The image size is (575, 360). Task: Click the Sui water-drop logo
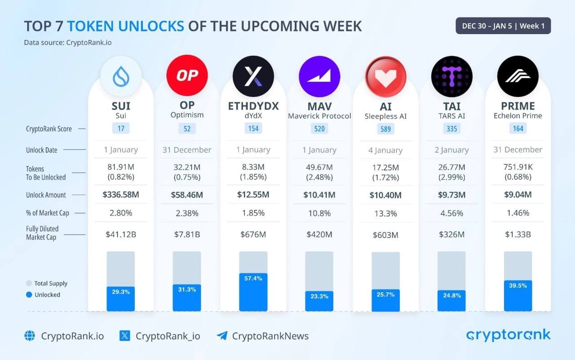point(121,76)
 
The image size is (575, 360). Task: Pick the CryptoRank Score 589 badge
point(385,129)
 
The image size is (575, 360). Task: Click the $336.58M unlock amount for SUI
point(121,195)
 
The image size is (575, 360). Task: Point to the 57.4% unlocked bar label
point(253,278)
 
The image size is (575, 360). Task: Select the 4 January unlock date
point(385,150)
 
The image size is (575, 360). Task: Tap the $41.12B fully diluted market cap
point(121,234)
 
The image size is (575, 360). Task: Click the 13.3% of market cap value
point(385,213)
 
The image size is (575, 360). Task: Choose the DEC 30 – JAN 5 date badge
point(503,26)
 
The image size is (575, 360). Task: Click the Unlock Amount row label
point(46,195)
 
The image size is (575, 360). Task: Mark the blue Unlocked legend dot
point(29,295)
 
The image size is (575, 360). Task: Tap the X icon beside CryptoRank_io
point(125,335)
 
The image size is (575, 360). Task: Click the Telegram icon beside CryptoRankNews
point(222,335)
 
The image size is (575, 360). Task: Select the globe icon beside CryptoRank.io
point(30,335)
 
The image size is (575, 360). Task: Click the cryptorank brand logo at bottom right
point(508,335)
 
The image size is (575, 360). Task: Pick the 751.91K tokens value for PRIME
point(518,167)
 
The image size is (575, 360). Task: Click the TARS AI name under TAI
point(451,115)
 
